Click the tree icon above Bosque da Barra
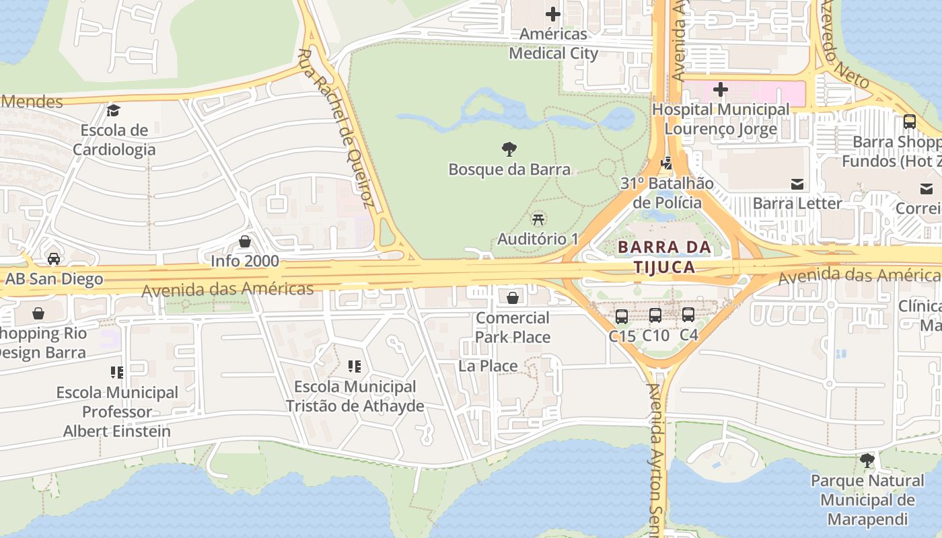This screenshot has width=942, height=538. click(x=509, y=149)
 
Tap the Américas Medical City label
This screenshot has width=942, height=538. click(x=553, y=44)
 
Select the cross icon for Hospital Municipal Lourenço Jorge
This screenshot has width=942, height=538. click(x=721, y=89)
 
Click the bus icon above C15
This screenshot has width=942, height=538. click(x=622, y=315)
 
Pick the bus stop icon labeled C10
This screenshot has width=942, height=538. click(x=655, y=315)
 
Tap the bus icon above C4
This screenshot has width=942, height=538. click(x=688, y=315)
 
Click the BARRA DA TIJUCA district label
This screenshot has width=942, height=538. click(x=665, y=257)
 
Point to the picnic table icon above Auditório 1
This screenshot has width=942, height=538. click(x=538, y=219)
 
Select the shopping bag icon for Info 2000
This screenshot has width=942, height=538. click(x=245, y=241)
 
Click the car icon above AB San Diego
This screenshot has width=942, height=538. click(x=54, y=259)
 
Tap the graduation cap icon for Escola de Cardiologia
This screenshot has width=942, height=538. click(x=114, y=110)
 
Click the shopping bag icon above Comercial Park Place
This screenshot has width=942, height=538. click(x=513, y=297)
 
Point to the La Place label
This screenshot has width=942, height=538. click(x=488, y=366)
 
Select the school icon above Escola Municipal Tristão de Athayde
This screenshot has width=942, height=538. click(x=355, y=367)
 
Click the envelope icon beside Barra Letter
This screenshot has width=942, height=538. click(x=797, y=184)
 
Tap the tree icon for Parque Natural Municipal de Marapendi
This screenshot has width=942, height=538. click(x=867, y=461)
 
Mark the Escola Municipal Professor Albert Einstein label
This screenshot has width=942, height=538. click(x=117, y=412)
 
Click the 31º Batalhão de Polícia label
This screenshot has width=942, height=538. click(x=667, y=193)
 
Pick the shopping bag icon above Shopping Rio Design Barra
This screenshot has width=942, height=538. click(x=39, y=313)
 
